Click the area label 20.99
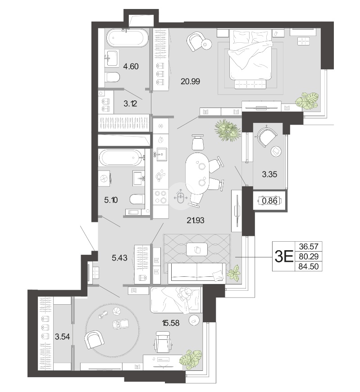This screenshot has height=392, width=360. [190, 81]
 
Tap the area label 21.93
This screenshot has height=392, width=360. [195, 220]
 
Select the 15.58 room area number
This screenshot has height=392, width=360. [171, 323]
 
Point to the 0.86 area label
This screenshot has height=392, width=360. [269, 200]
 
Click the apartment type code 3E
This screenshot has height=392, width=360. [284, 256]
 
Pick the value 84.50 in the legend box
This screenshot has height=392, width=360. [309, 266]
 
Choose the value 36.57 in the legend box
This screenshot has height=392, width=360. [309, 247]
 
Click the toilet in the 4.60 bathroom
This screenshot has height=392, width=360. [112, 77]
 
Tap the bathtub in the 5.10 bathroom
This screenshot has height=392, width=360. [122, 158]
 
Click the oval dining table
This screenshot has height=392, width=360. [198, 174]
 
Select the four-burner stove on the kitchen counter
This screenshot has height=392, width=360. [160, 197]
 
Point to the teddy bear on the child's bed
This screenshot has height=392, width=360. [186, 293]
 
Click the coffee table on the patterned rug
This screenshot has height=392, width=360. [197, 249]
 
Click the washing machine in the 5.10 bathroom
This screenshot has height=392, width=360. [104, 178]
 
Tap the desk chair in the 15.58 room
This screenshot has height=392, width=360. [163, 342]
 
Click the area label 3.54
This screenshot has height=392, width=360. [62, 337]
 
